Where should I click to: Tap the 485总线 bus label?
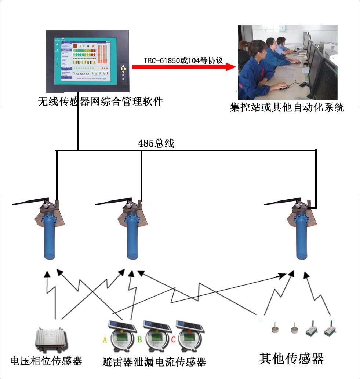click(156, 143)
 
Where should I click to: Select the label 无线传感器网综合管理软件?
click(100, 102)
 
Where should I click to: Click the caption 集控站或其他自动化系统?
click(287, 108)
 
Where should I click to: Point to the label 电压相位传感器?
click(46, 361)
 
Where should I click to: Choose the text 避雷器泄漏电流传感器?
click(154, 362)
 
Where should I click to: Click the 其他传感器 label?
click(291, 358)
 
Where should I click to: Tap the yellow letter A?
click(105, 340)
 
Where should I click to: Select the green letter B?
click(139, 340)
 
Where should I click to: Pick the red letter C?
click(173, 340)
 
